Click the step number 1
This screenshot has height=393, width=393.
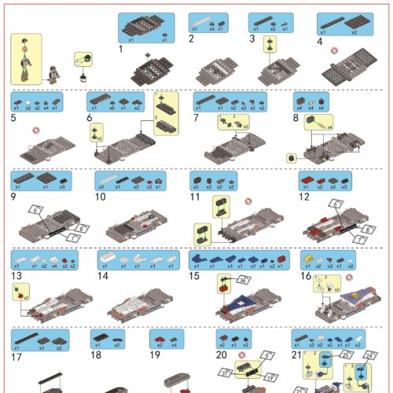120,49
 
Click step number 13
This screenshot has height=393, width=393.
15,276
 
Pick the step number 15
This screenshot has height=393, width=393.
195,276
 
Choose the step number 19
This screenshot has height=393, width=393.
154,354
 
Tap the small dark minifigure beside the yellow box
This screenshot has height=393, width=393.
53,74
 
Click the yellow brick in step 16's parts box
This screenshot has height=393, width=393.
309,258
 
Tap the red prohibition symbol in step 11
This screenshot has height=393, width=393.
248,201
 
